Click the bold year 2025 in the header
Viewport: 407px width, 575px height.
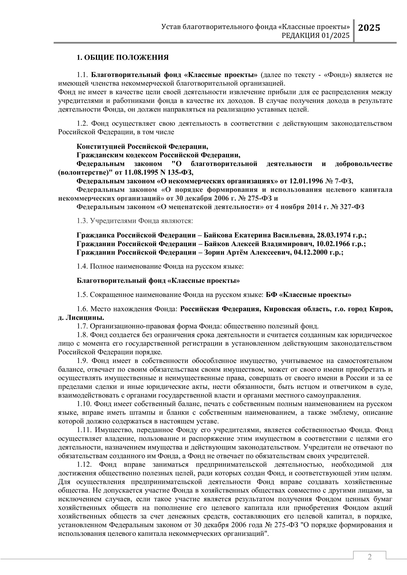(369, 28)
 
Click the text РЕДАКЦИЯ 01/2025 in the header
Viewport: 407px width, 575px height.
(315, 36)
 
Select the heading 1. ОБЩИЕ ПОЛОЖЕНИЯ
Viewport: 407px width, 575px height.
(123, 58)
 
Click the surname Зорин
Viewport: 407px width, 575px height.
(214, 253)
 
